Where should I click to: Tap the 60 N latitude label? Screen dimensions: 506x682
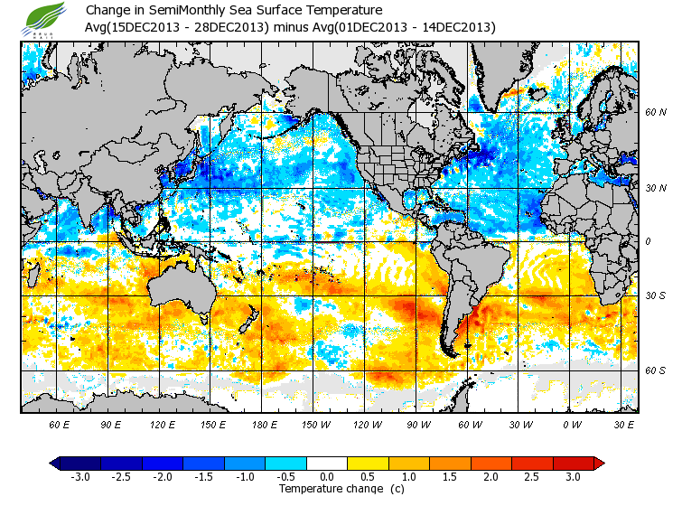tap(655, 112)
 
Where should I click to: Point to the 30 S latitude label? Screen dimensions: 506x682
tap(655, 295)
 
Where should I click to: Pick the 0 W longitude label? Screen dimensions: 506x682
tap(572, 424)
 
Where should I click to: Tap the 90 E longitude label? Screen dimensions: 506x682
tap(111, 424)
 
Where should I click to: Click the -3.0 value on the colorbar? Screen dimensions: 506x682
tap(79, 477)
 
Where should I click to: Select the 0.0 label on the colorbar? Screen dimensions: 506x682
tap(327, 477)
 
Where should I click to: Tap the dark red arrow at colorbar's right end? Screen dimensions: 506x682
tap(598, 464)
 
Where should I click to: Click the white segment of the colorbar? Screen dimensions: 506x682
tap(326, 464)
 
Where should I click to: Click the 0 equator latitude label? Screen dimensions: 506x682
tap(647, 241)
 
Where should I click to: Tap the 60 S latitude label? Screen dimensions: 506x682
tap(655, 370)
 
